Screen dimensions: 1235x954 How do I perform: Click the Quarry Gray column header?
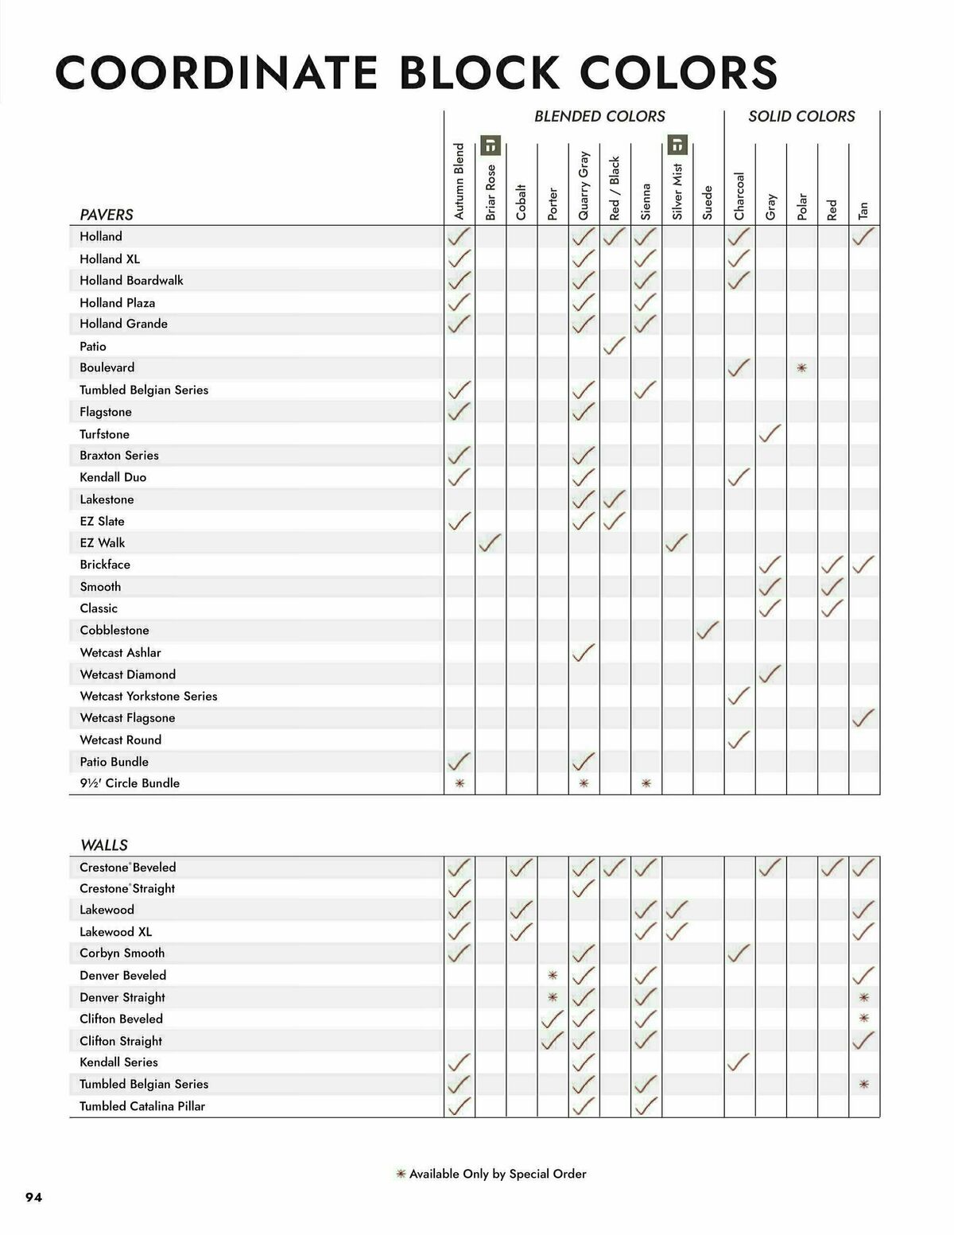(584, 185)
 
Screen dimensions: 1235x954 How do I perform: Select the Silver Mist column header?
(677, 192)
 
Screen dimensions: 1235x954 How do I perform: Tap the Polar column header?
(801, 206)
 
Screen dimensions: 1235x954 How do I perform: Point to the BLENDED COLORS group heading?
(599, 116)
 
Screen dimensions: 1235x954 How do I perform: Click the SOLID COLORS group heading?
(801, 116)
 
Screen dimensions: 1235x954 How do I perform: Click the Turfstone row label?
(104, 434)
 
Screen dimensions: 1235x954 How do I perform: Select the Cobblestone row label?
(114, 630)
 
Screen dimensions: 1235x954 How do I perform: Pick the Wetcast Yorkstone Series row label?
(149, 696)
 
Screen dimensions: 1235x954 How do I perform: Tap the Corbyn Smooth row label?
(122, 953)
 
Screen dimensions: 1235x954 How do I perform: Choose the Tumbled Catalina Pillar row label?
(142, 1106)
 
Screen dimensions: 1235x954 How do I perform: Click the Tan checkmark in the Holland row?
(863, 236)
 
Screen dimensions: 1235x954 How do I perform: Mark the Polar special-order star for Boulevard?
(801, 368)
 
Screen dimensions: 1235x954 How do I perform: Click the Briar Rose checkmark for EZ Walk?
(491, 542)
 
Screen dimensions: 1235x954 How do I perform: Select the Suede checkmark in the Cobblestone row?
(708, 630)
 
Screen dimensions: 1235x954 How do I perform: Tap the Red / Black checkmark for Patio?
(614, 346)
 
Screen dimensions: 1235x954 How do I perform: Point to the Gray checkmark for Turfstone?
(770, 433)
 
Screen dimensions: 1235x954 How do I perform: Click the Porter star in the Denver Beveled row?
(553, 976)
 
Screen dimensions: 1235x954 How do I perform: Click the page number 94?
(33, 1198)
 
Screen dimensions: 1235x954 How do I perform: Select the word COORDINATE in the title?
(216, 73)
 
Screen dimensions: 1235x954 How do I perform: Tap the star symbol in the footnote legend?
(401, 1174)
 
